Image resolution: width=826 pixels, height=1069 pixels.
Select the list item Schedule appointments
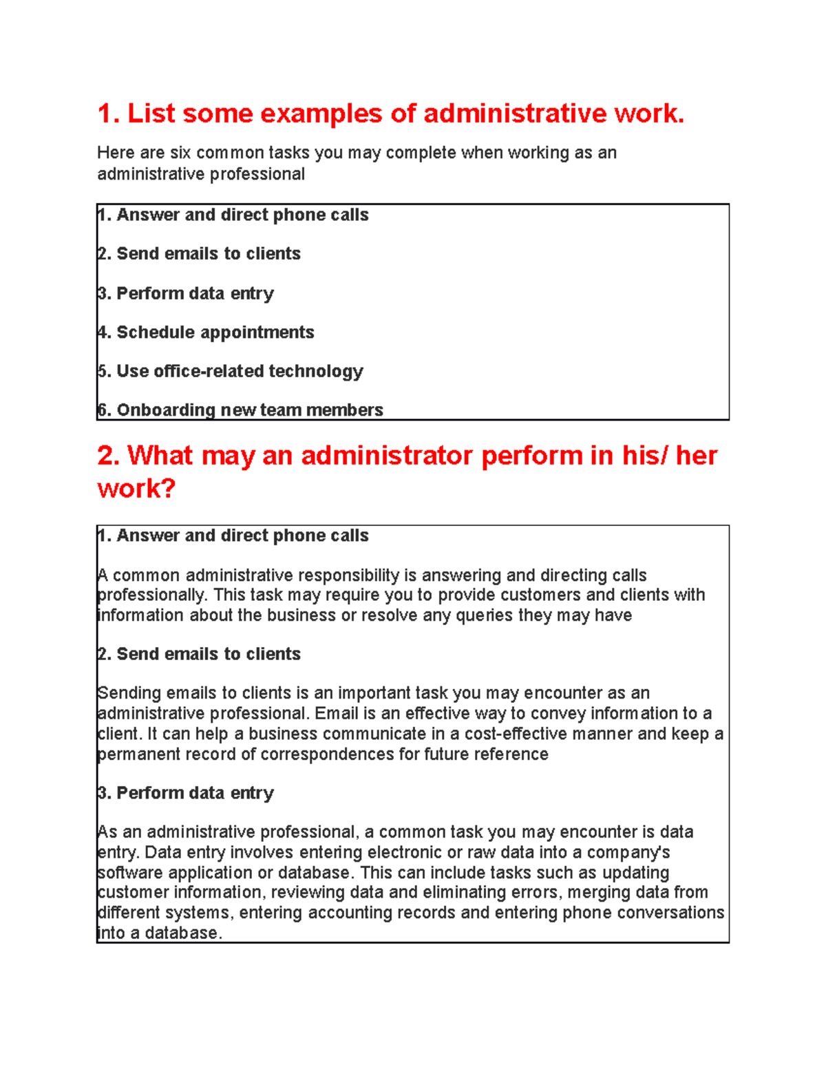[215, 332]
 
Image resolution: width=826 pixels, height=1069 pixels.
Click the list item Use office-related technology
[240, 372]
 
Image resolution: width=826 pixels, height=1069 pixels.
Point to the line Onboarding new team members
[249, 410]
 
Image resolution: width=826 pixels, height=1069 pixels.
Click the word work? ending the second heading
[136, 489]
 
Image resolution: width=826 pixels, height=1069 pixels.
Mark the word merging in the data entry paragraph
[604, 893]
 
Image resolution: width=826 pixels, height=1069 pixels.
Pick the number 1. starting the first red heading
[109, 114]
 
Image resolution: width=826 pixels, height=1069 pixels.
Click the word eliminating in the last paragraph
[471, 893]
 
